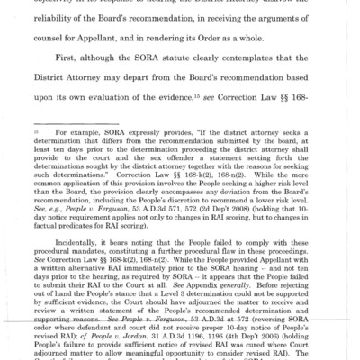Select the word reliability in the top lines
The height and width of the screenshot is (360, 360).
click(x=92, y=22)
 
